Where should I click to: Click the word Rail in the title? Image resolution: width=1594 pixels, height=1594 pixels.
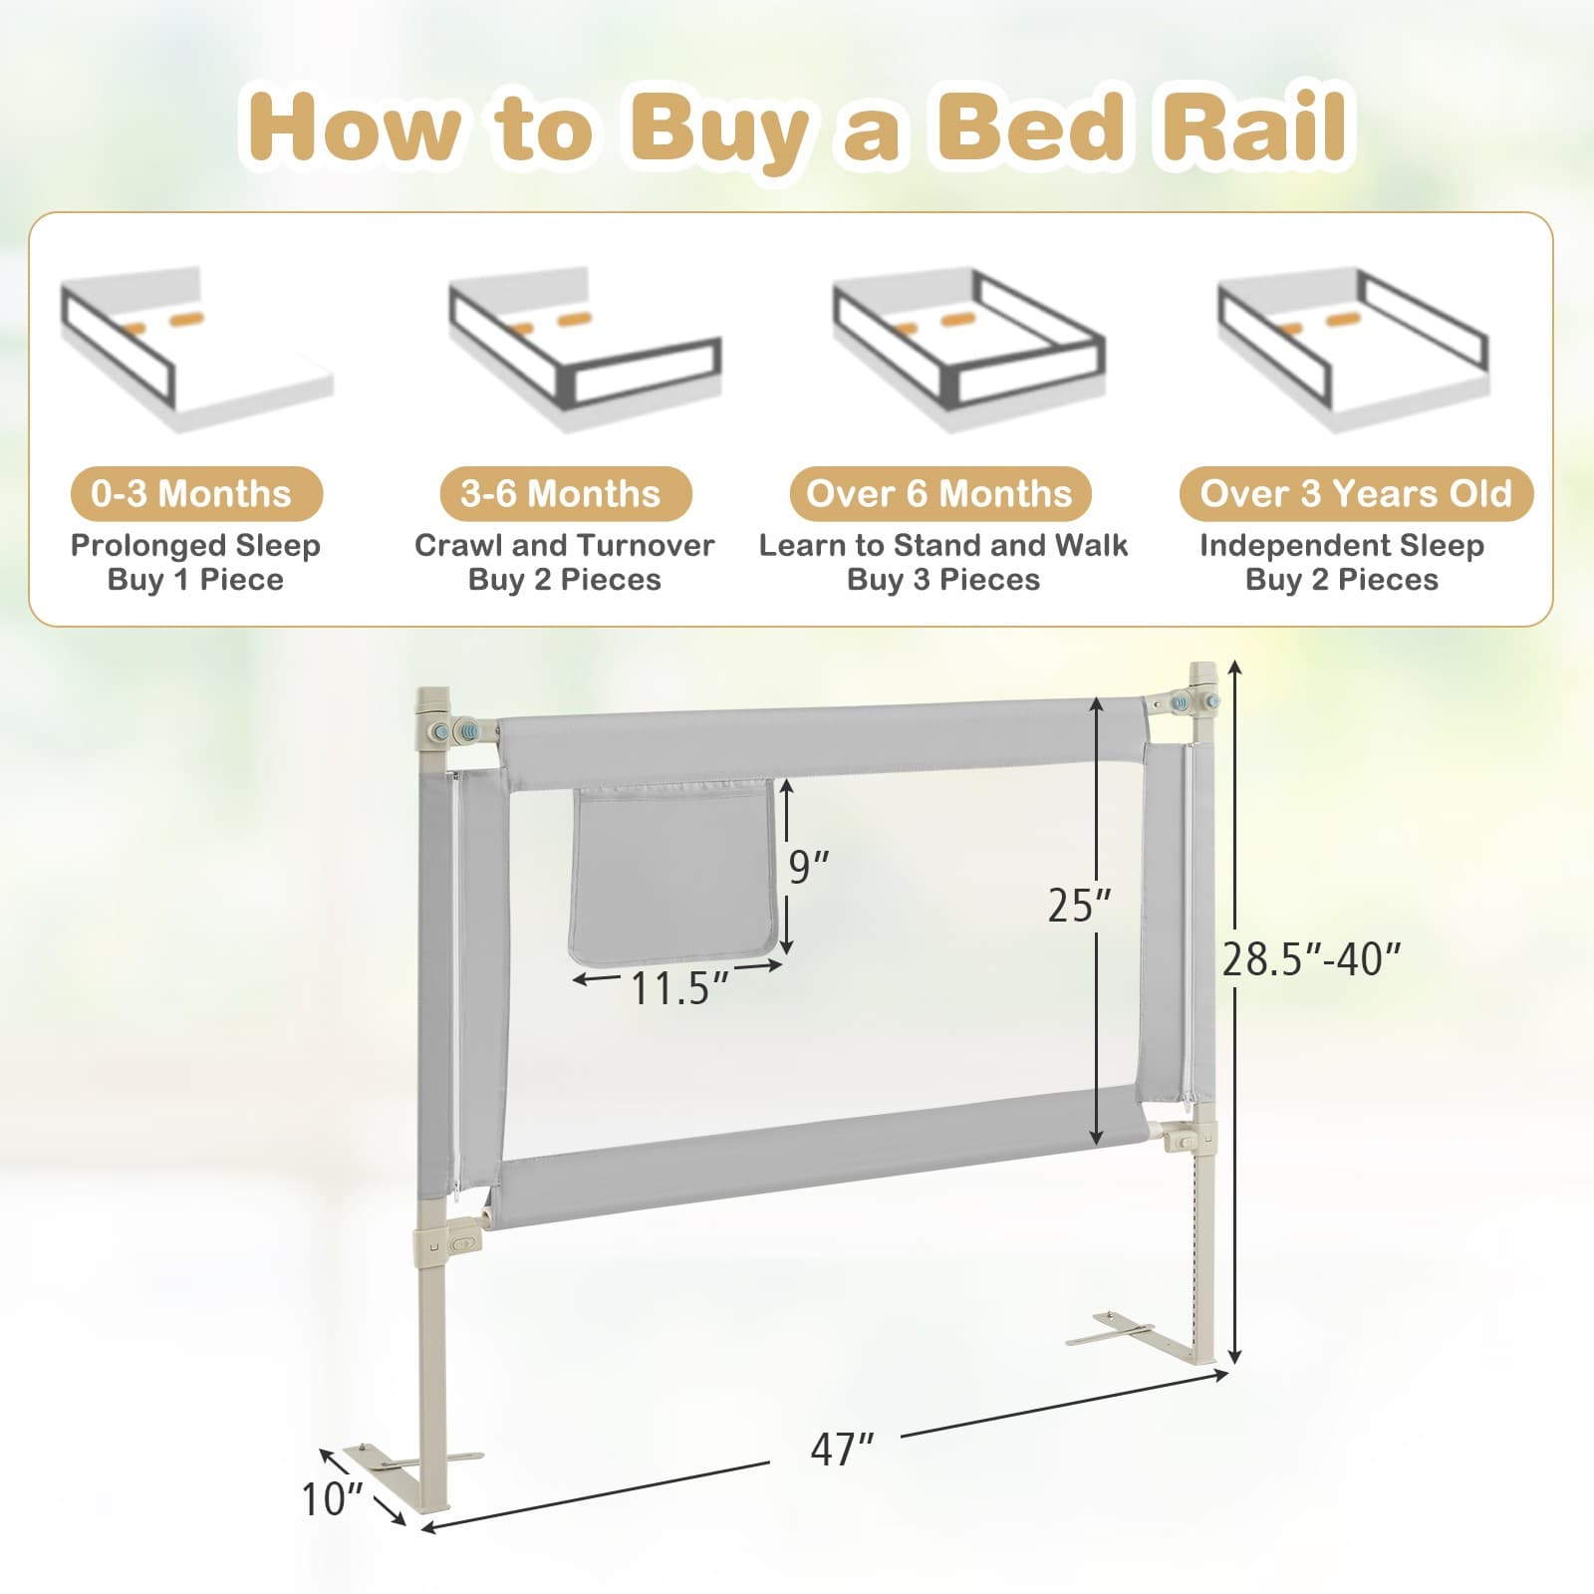[x=1253, y=128]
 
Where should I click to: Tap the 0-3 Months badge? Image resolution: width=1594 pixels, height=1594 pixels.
[x=196, y=493]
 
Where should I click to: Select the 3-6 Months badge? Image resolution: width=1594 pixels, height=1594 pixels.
[x=565, y=493]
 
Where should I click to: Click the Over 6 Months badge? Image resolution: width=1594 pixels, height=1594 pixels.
[x=939, y=493]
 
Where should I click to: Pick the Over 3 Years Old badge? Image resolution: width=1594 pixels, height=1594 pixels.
[x=1355, y=493]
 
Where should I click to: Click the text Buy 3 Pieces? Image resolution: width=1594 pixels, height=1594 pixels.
[x=942, y=580]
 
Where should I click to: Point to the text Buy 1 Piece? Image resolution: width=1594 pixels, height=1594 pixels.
[x=195, y=580]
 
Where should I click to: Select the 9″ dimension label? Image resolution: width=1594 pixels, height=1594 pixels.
[x=808, y=867]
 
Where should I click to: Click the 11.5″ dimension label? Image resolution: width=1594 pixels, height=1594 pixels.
[x=679, y=988]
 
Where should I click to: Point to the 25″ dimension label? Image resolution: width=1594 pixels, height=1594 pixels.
[x=1080, y=905]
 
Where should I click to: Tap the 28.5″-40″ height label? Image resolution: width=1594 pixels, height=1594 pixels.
[x=1311, y=959]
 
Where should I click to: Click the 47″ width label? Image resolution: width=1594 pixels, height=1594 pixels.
[x=842, y=1450]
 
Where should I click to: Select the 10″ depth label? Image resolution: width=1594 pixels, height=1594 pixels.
[x=333, y=1498]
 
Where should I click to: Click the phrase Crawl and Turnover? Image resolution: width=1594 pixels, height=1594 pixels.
[x=564, y=546]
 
